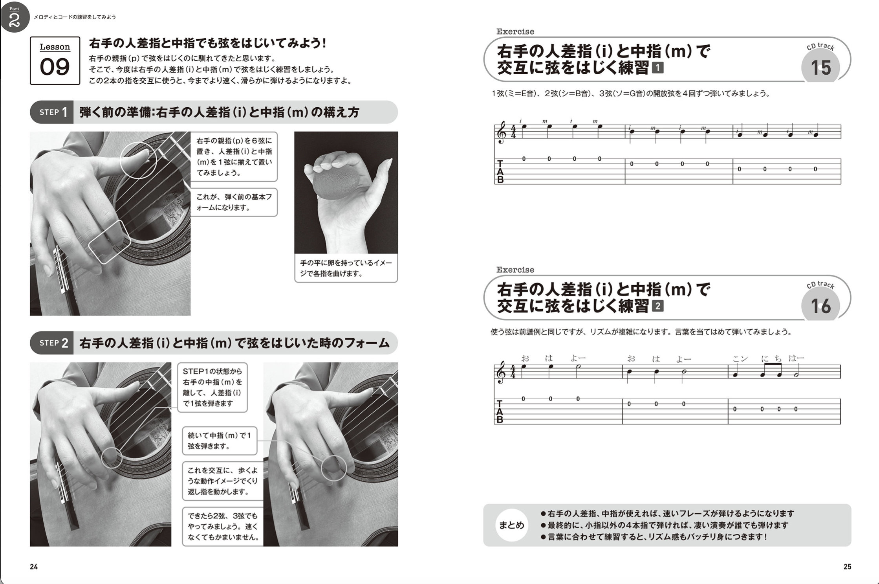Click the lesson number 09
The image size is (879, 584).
(x=55, y=67)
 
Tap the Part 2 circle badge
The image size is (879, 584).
(x=15, y=17)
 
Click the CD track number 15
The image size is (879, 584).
(x=821, y=68)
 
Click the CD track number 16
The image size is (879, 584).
(x=821, y=306)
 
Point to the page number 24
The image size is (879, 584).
(x=34, y=566)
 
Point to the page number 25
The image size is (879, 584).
(x=847, y=566)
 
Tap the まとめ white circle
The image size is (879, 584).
(x=511, y=525)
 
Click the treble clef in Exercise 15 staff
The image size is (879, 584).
(x=500, y=132)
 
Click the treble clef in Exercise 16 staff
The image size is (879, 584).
(x=500, y=373)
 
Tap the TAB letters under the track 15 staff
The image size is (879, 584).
(x=500, y=171)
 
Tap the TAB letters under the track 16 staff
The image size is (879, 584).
(x=500, y=411)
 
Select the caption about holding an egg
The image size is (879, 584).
(x=346, y=268)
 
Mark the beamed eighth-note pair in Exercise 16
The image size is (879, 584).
(x=770, y=370)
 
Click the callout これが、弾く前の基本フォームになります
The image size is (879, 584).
(x=234, y=202)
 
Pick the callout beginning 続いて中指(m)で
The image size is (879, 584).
(x=220, y=441)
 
